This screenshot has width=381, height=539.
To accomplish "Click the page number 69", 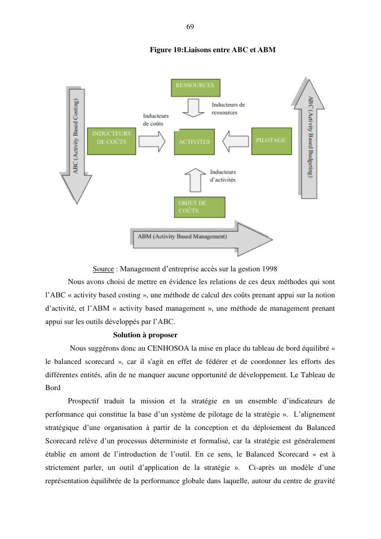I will coord(190,27).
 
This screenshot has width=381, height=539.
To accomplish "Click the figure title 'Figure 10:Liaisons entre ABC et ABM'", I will coord(213,50).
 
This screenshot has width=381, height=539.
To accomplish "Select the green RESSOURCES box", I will coord(195,87).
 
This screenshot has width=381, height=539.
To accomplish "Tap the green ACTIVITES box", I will coord(194,142).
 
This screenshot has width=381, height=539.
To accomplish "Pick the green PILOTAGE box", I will coord(271,141).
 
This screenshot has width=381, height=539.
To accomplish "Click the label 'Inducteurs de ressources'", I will coord(228,109).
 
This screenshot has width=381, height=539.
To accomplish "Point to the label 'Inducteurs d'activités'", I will coord(222,176).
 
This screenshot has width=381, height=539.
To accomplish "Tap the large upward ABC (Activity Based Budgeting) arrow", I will coord(309,138).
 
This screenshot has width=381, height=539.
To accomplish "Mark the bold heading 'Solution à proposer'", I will coord(145,335).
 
